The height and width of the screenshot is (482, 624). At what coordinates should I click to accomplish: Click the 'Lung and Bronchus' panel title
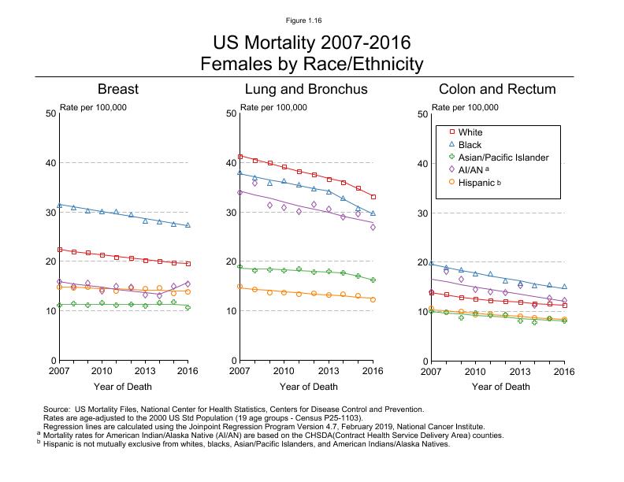pyautogui.click(x=306, y=89)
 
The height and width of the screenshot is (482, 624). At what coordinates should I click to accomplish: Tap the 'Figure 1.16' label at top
pyautogui.click(x=311, y=20)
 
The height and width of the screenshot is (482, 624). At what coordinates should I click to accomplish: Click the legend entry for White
pyautogui.click(x=470, y=133)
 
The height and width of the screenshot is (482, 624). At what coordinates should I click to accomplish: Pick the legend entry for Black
pyautogui.click(x=470, y=146)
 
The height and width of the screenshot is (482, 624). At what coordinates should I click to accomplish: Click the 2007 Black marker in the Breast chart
pyautogui.click(x=59, y=206)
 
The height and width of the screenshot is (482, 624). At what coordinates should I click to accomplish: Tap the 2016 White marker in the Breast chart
pyautogui.click(x=188, y=264)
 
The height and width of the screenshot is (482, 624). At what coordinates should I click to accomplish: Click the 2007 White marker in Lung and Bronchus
pyautogui.click(x=240, y=157)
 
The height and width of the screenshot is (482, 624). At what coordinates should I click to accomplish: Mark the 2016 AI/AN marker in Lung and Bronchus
pyautogui.click(x=373, y=227)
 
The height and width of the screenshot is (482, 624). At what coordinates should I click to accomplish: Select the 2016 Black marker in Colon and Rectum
pyautogui.click(x=564, y=287)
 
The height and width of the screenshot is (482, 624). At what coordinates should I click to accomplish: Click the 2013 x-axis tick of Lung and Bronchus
pyautogui.click(x=328, y=370)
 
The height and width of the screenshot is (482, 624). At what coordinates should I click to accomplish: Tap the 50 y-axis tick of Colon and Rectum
pyautogui.click(x=422, y=114)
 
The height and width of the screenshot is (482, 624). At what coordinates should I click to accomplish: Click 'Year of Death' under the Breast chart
pyautogui.click(x=123, y=387)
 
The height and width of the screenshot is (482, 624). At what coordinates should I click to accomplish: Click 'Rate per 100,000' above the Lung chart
pyautogui.click(x=273, y=107)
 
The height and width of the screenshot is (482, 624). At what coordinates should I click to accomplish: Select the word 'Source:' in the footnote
pyautogui.click(x=57, y=410)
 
